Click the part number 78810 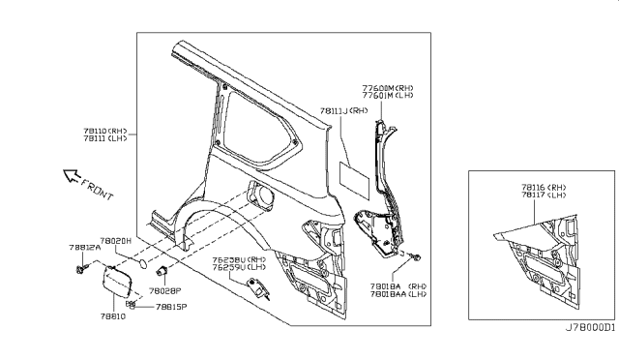click(x=114, y=315)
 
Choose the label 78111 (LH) click(x=104, y=138)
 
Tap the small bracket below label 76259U click(x=259, y=288)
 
